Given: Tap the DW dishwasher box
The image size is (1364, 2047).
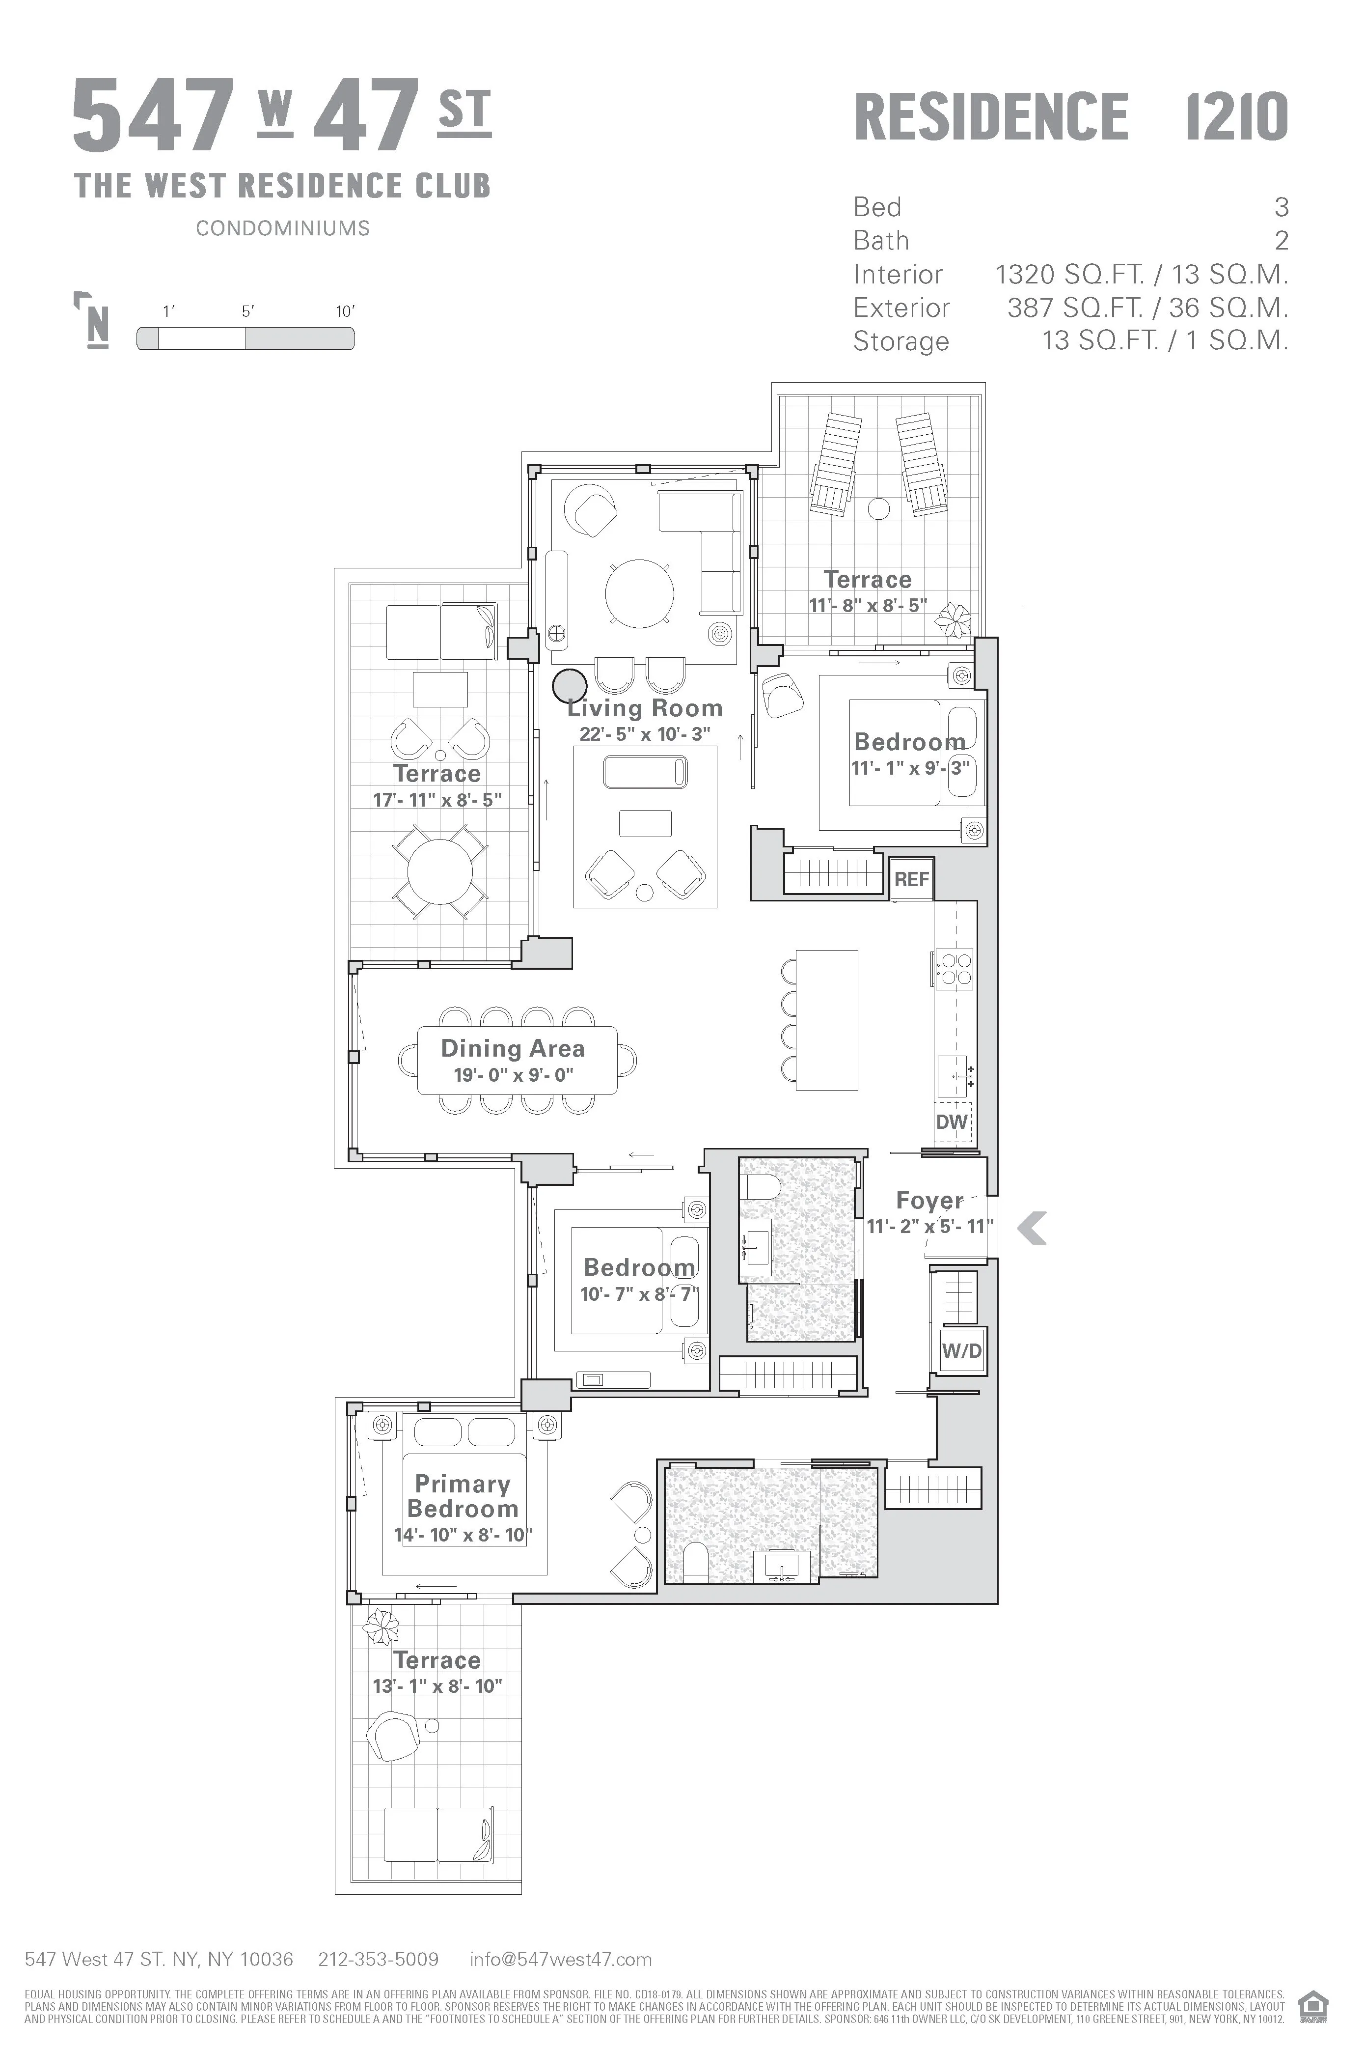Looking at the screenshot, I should pyautogui.click(x=952, y=1122).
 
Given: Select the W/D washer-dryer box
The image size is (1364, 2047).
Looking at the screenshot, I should pyautogui.click(x=961, y=1351).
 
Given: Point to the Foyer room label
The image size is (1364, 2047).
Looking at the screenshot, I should pyautogui.click(x=929, y=1201).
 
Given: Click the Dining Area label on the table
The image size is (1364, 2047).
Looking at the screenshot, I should pyautogui.click(x=513, y=1049).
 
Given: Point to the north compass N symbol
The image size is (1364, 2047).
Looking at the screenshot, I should pyautogui.click(x=97, y=326).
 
